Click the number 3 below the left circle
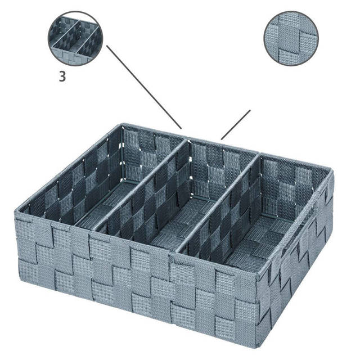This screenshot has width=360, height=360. pyautogui.click(x=62, y=77)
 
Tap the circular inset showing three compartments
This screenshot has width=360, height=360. pyautogui.click(x=75, y=38)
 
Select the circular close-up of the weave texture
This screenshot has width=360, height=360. pyautogui.click(x=291, y=38)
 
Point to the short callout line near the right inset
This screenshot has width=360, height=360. pyautogui.click(x=236, y=124)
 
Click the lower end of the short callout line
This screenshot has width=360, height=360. pyautogui.click(x=222, y=138)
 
